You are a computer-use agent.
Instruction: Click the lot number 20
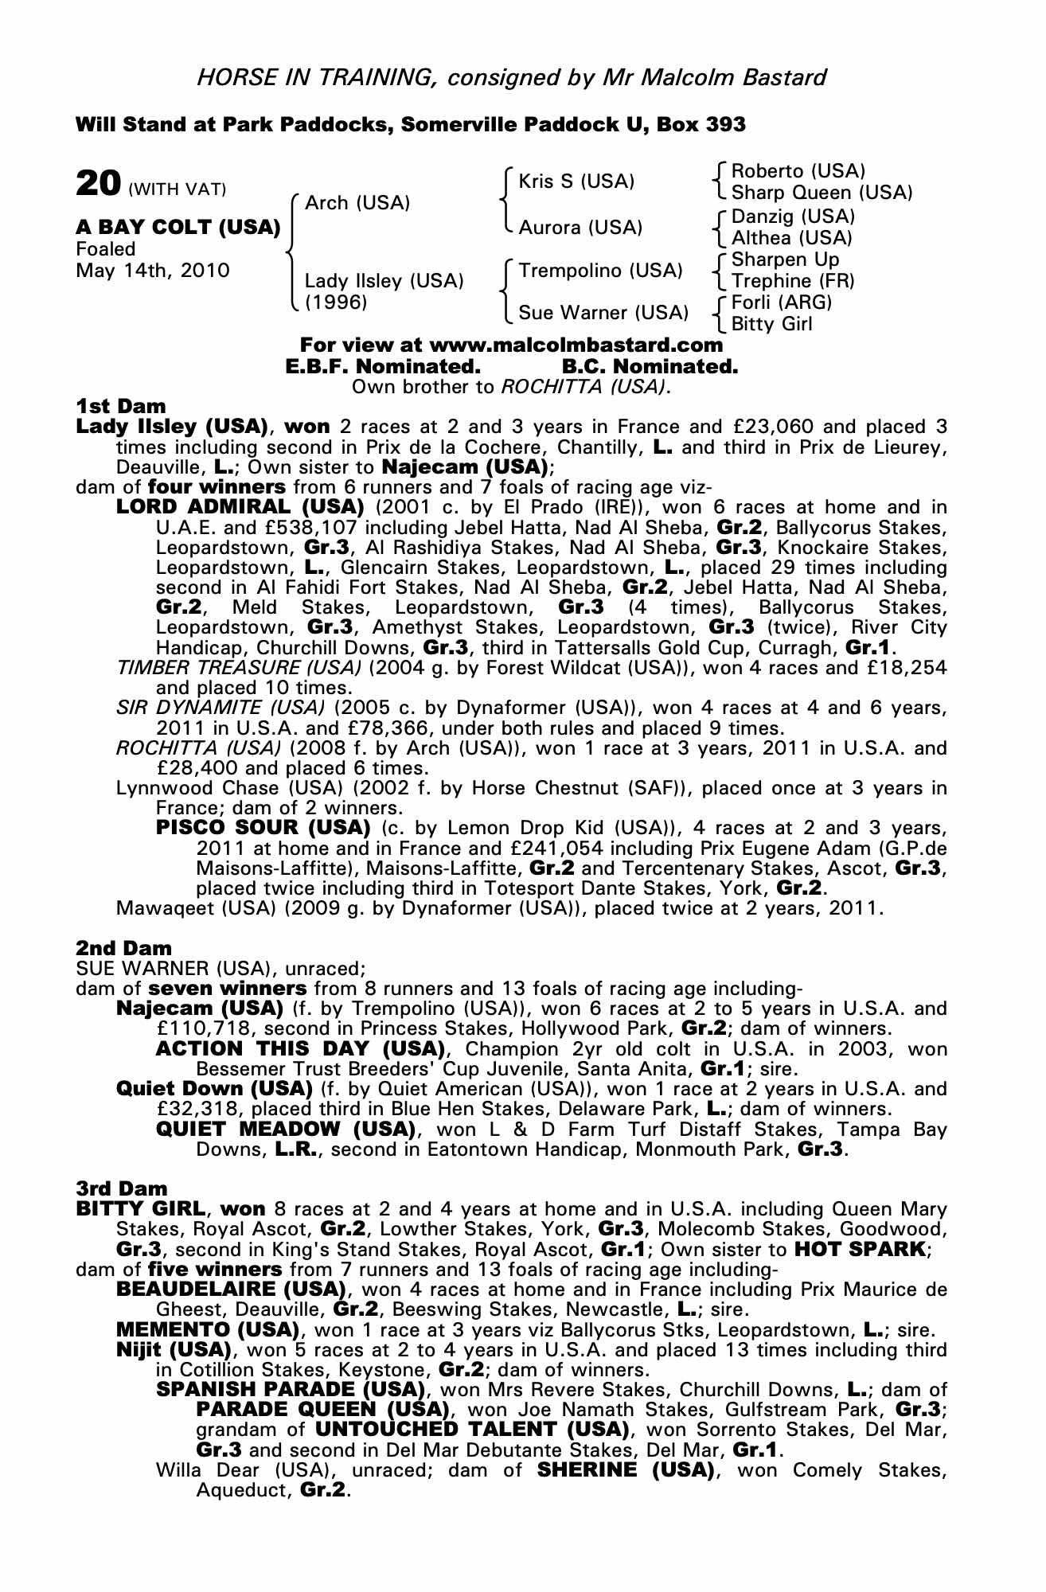[98, 183]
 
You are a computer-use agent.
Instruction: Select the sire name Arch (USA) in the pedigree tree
[357, 203]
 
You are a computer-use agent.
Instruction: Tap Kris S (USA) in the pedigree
[576, 181]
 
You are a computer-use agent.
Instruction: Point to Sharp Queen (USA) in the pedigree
[822, 193]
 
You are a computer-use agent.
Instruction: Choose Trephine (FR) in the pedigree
[793, 281]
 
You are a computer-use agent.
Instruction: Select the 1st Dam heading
[121, 407]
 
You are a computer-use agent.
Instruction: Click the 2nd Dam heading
[123, 948]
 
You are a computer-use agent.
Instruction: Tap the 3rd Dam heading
[122, 1188]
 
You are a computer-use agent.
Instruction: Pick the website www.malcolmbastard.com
[576, 345]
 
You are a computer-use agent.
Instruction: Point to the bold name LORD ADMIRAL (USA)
[240, 507]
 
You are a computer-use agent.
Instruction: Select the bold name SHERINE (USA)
[625, 1469]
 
